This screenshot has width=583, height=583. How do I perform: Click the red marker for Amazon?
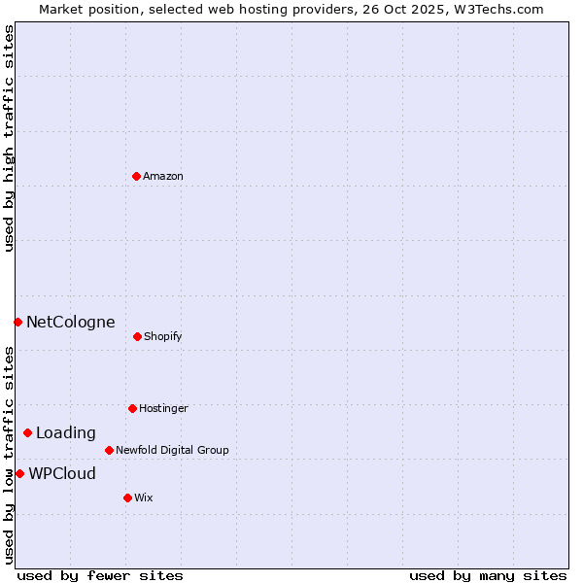[137, 176]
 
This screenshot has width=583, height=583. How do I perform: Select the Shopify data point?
[137, 336]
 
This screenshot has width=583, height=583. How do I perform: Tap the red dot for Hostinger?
[132, 408]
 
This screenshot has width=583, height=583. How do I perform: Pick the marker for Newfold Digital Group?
[109, 450]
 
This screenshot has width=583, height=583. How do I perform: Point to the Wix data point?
[127, 497]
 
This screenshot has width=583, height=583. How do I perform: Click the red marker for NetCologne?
[17, 322]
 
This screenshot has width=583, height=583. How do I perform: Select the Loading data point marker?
[27, 432]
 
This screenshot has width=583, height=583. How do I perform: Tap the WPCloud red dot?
[19, 473]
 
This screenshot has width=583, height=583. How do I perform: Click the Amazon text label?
[163, 177]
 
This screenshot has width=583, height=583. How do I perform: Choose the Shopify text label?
[163, 337]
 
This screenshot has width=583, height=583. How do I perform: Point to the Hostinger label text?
[163, 409]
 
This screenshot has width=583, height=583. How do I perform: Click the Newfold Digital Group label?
[172, 451]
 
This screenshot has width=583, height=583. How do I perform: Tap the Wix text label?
[144, 498]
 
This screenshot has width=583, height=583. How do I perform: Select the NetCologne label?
[70, 323]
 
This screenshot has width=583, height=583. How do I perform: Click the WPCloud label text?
[62, 474]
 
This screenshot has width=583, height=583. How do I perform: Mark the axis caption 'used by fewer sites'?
[100, 575]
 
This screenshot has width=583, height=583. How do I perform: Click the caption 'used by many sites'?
[488, 575]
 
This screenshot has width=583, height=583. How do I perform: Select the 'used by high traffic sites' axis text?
[9, 138]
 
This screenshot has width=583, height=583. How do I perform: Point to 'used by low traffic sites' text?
[9, 454]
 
